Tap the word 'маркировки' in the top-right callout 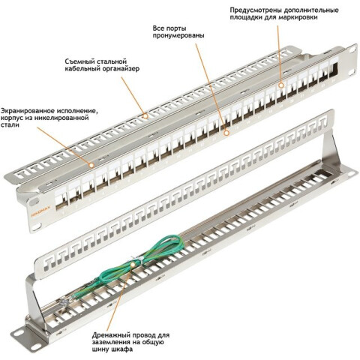pos(304,19)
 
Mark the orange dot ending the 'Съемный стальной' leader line pos(144,114)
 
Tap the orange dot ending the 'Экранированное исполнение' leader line pos(92,161)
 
